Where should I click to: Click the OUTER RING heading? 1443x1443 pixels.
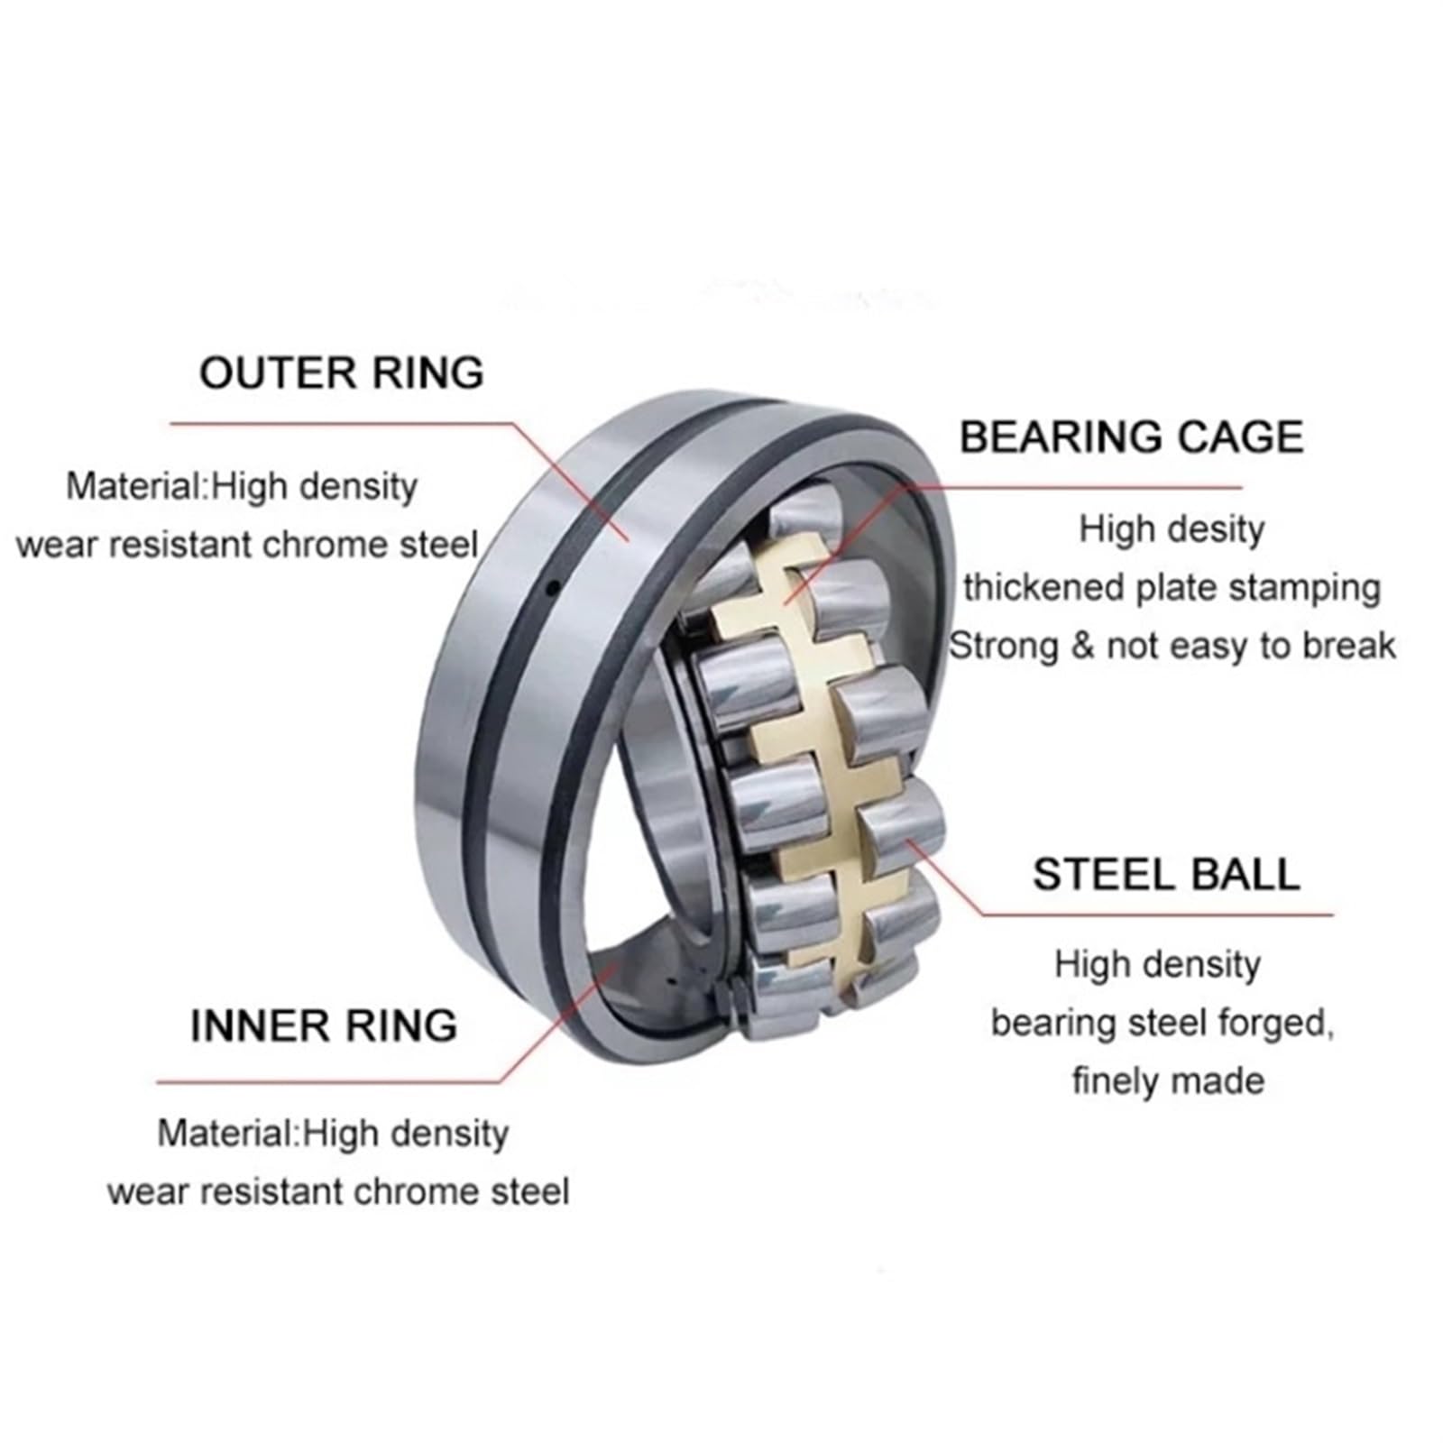[x=341, y=372]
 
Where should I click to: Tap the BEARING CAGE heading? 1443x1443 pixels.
[x=1131, y=437]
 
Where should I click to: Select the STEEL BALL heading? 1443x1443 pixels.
[x=1166, y=874]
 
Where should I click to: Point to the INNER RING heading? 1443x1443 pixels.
[x=324, y=1025]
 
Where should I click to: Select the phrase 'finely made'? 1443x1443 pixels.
[x=1168, y=1080]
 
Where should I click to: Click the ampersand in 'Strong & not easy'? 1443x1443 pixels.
[x=1081, y=647]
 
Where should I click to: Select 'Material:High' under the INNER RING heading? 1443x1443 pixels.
[x=269, y=1133]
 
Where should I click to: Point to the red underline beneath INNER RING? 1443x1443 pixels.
[x=325, y=1081]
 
